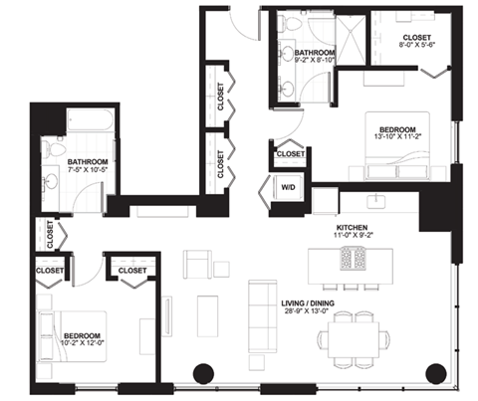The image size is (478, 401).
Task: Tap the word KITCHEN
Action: (353, 229)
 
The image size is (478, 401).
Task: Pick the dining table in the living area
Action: (354, 336)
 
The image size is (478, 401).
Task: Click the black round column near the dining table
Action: (436, 374)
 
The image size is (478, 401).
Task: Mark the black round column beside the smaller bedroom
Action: (202, 374)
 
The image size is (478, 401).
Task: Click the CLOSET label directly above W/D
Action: (290, 154)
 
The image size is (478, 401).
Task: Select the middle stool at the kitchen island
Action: (355, 289)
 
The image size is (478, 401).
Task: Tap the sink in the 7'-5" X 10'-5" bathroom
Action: (50, 183)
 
